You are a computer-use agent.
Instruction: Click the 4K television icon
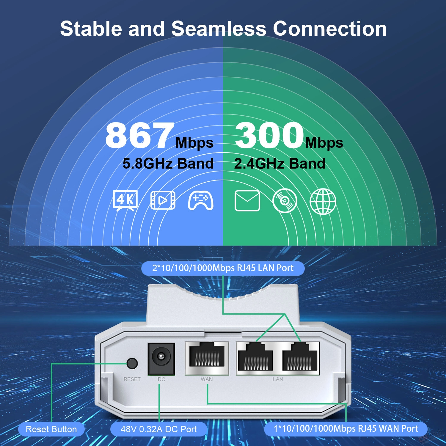[x=125, y=200]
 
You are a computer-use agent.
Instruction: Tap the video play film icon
[x=163, y=200]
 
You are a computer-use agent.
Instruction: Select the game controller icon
[x=201, y=200]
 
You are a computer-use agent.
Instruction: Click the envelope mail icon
[x=247, y=201]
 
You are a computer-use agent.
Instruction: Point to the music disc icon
[x=285, y=201]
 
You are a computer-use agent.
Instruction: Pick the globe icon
[x=323, y=201]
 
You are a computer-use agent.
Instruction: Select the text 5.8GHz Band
[x=168, y=164]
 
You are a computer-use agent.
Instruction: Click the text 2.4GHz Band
[x=280, y=164]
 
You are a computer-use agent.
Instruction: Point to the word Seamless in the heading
[x=219, y=29]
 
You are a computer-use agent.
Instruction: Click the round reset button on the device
[x=132, y=363]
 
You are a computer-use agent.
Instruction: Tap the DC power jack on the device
[x=161, y=359]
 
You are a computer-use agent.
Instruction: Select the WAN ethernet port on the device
[x=207, y=358]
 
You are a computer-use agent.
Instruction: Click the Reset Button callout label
[x=51, y=429]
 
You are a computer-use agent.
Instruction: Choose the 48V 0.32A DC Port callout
[x=158, y=429]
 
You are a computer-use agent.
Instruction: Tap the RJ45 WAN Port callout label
[x=346, y=429]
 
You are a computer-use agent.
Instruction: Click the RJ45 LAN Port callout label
[x=223, y=268]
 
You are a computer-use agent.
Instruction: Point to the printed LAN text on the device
[x=278, y=379]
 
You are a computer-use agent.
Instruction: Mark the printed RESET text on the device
[x=132, y=379]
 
